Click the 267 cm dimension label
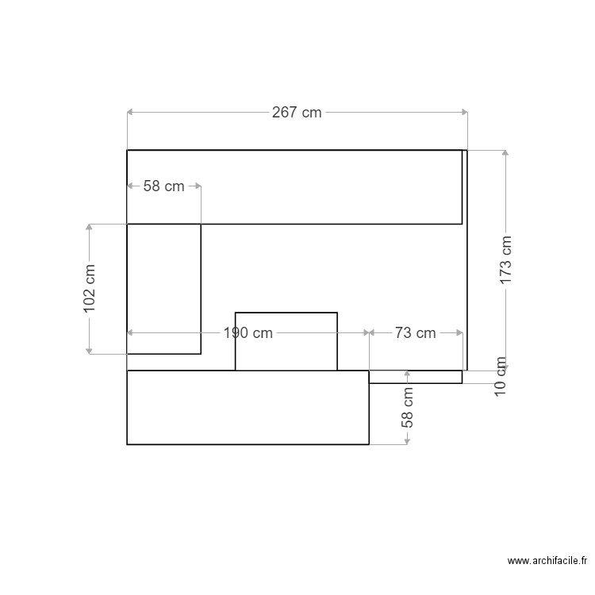(x=297, y=113)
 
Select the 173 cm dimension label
(x=506, y=260)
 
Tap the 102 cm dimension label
(x=90, y=289)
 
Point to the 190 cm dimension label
(x=248, y=333)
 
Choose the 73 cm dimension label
(x=415, y=333)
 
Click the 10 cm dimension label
(x=500, y=377)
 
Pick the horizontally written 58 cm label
(x=163, y=186)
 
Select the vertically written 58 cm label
(x=408, y=408)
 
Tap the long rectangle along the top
(x=294, y=186)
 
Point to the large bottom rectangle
(x=248, y=407)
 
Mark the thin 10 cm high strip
(x=415, y=377)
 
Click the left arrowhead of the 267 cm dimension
(x=130, y=113)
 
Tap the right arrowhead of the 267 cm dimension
(x=464, y=113)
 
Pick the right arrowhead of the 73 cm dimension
(x=459, y=333)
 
